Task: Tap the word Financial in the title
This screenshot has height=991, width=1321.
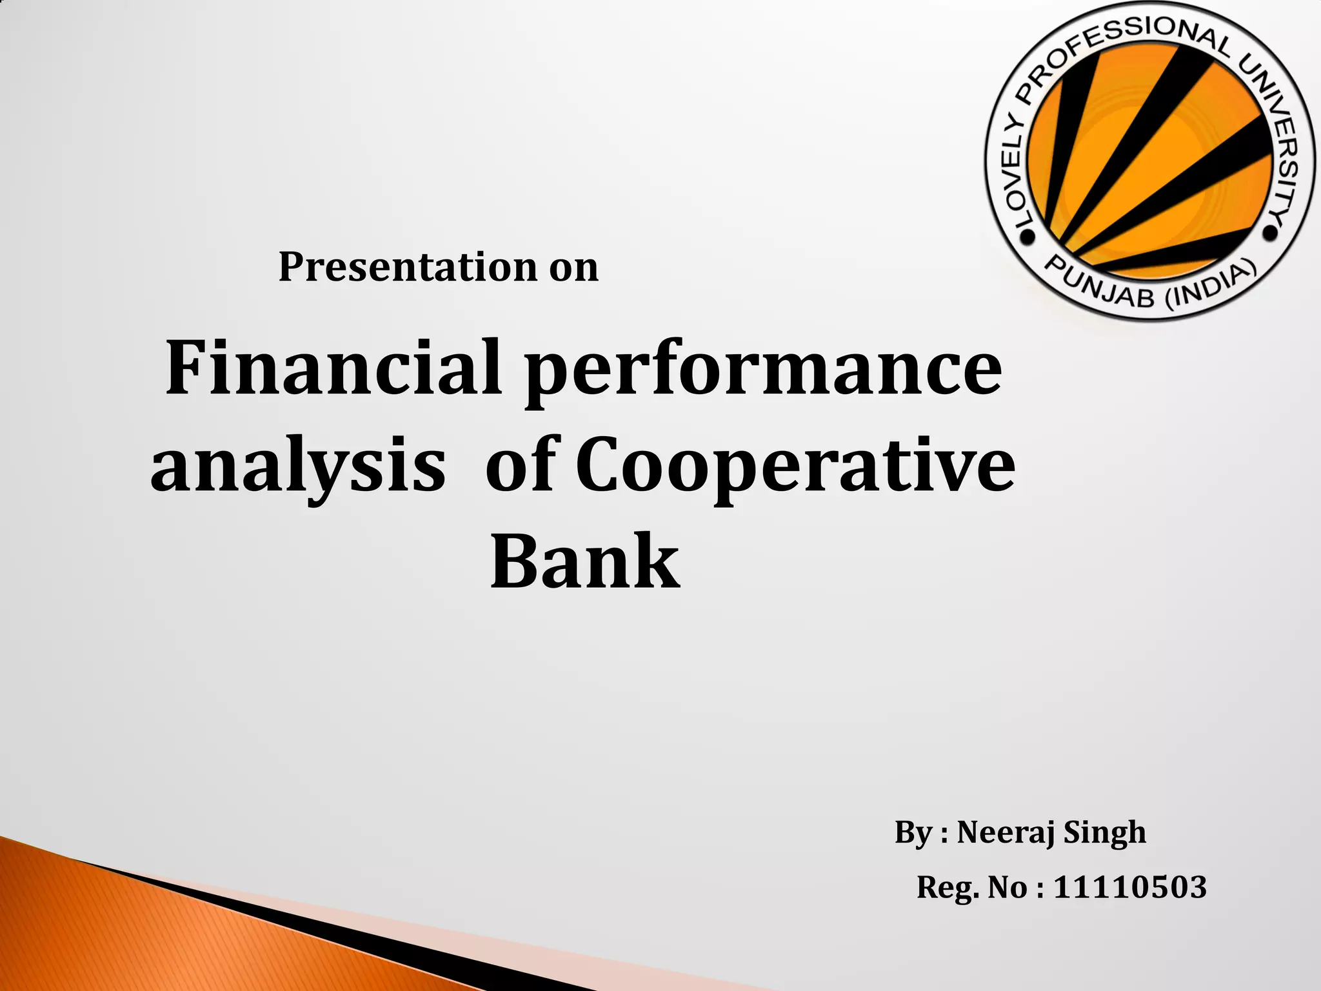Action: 333,368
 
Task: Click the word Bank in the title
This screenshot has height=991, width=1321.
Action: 584,561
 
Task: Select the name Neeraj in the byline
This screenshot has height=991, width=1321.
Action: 1006,833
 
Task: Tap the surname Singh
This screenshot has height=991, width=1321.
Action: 1104,833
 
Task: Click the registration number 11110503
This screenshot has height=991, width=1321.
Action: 1129,887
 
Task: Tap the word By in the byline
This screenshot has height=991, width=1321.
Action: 913,833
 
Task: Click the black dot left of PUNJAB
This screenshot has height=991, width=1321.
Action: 1028,237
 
